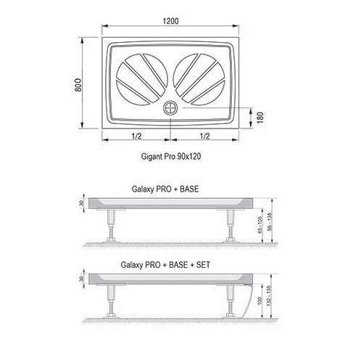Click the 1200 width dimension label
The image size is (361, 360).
click(170, 21)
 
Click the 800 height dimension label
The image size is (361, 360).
click(78, 85)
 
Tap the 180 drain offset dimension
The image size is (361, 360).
click(260, 118)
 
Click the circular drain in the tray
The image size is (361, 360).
click(170, 108)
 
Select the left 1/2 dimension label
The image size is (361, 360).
click(136, 136)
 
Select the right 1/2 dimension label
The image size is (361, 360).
click(204, 136)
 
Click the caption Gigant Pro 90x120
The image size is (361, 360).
click(171, 156)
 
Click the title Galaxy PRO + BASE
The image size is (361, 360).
click(165, 189)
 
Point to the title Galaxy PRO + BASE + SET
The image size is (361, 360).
click(165, 265)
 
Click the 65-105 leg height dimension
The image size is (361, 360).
click(260, 225)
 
